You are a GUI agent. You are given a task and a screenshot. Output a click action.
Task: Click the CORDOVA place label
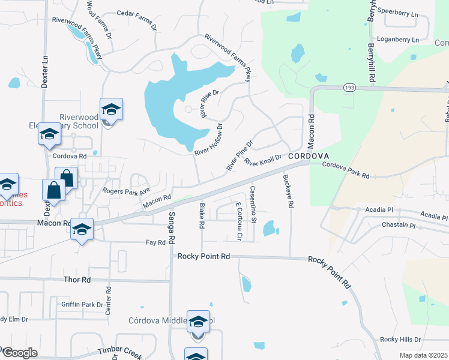tap(307, 155)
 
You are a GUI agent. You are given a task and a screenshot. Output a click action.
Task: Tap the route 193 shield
tap(349, 88)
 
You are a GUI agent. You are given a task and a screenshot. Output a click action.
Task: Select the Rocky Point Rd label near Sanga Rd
tap(204, 256)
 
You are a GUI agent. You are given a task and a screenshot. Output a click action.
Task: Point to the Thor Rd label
tap(77, 280)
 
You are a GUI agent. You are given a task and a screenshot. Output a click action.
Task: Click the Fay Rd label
tap(155, 242)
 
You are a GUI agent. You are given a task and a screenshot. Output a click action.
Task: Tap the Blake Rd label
tap(202, 217)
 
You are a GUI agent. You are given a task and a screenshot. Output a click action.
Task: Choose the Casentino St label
tap(253, 204)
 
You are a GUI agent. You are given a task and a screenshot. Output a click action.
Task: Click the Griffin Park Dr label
tap(82, 305)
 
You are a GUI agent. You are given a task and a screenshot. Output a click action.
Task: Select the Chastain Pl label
tap(399, 226)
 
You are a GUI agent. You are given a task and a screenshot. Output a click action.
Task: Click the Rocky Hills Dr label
tap(400, 340)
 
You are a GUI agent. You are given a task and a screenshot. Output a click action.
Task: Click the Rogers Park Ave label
tap(126, 191)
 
